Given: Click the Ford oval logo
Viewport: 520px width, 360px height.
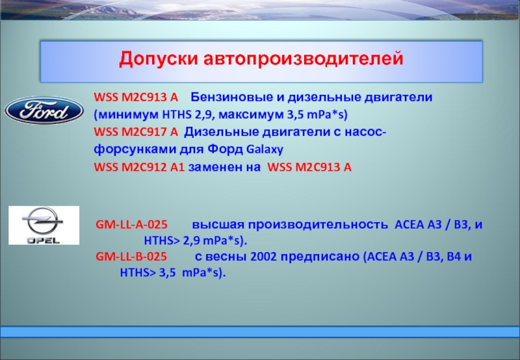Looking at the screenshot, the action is pyautogui.click(x=44, y=110).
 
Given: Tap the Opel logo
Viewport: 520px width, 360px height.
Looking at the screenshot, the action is pyautogui.click(x=44, y=225).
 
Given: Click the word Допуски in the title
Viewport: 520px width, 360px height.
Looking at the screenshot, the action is pyautogui.click(x=158, y=59).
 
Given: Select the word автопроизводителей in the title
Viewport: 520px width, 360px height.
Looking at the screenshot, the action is pyautogui.click(x=304, y=59).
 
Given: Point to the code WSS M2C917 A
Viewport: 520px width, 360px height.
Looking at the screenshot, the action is pyautogui.click(x=136, y=132).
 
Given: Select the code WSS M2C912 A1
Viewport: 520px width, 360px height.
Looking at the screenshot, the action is pyautogui.click(x=139, y=167).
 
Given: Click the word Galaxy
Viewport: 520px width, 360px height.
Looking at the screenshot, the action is pyautogui.click(x=265, y=149).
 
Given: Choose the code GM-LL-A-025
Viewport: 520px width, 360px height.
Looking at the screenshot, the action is pyautogui.click(x=132, y=224).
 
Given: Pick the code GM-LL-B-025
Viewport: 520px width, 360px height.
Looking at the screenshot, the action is pyautogui.click(x=131, y=257).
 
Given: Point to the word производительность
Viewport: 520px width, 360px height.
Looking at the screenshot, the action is pyautogui.click(x=318, y=225).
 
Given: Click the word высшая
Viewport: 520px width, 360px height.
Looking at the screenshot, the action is pyautogui.click(x=218, y=225).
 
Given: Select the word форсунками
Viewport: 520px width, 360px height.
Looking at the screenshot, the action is pyautogui.click(x=135, y=149).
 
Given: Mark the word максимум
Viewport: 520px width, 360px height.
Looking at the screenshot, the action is pyautogui.click(x=251, y=115).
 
